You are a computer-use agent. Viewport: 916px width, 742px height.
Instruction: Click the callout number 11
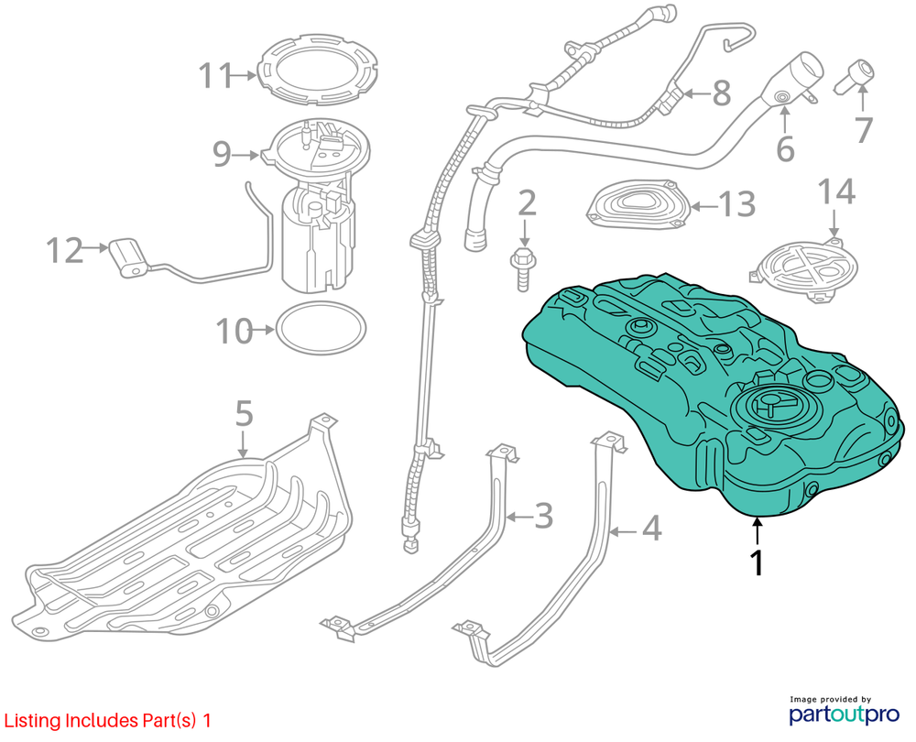217,75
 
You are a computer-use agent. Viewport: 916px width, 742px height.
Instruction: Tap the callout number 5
243,414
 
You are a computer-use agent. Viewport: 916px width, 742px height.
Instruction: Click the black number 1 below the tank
758,561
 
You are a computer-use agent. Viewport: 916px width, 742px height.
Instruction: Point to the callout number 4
651,529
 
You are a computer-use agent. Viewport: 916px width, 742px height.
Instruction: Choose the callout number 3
543,516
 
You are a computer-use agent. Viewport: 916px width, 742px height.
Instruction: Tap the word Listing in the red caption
31,721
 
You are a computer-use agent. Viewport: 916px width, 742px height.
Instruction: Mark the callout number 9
222,154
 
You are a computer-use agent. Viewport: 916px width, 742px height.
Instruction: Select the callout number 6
785,149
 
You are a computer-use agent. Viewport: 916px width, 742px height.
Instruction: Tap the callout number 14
835,192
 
